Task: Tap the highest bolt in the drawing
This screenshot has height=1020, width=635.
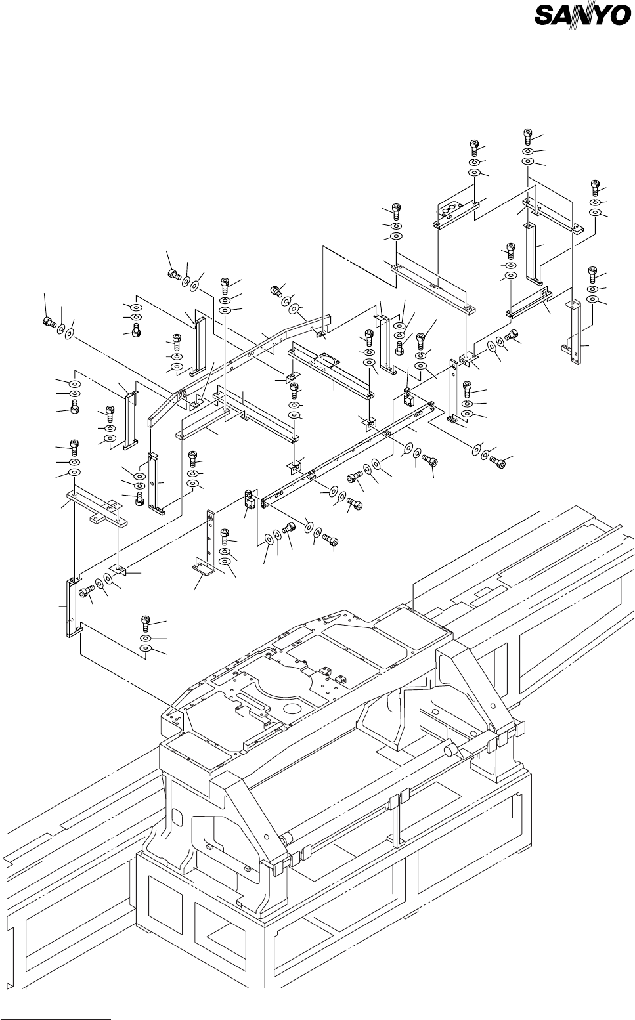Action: (x=528, y=135)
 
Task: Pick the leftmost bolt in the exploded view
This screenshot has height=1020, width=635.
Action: (x=48, y=322)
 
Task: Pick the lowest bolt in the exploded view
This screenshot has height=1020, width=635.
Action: (x=146, y=621)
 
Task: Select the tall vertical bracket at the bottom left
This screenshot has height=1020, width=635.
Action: (x=69, y=607)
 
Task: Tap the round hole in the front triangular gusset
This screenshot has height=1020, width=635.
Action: (x=266, y=837)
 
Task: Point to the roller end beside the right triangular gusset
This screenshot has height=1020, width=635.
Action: (x=452, y=750)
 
